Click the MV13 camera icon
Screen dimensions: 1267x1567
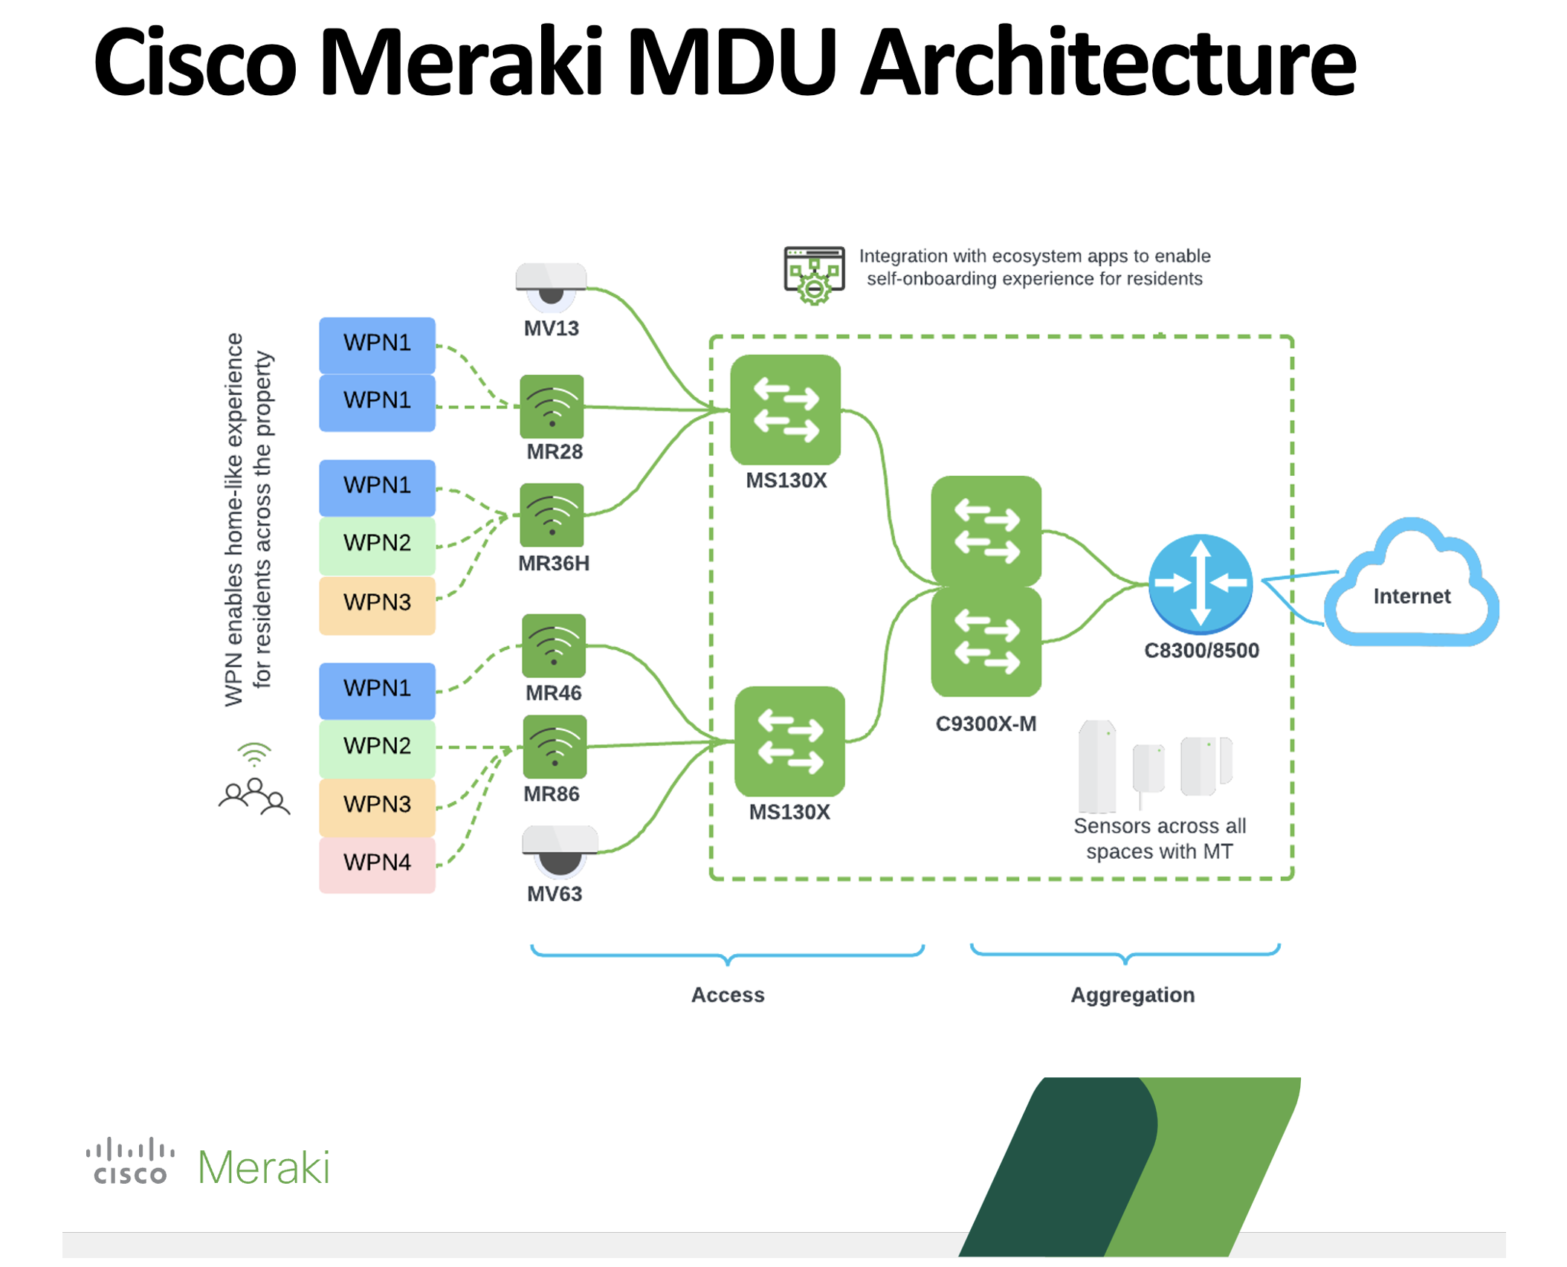(551, 285)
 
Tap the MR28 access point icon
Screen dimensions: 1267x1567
(551, 406)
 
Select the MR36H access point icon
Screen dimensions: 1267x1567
(551, 515)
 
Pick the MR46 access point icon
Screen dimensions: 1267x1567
(553, 645)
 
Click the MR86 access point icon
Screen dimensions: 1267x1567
(554, 746)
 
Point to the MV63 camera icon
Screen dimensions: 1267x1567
(559, 850)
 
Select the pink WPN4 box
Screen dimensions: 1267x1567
(377, 863)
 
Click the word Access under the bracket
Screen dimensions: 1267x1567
(727, 994)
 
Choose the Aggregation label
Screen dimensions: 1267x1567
(1131, 994)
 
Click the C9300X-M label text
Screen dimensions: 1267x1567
(985, 723)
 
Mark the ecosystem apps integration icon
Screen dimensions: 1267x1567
(813, 274)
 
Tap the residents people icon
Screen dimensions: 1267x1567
(253, 795)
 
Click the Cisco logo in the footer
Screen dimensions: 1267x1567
(130, 1160)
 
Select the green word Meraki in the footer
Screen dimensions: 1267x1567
(263, 1167)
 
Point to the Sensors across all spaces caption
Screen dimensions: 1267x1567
(1159, 838)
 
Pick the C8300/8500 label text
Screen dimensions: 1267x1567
(1201, 650)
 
